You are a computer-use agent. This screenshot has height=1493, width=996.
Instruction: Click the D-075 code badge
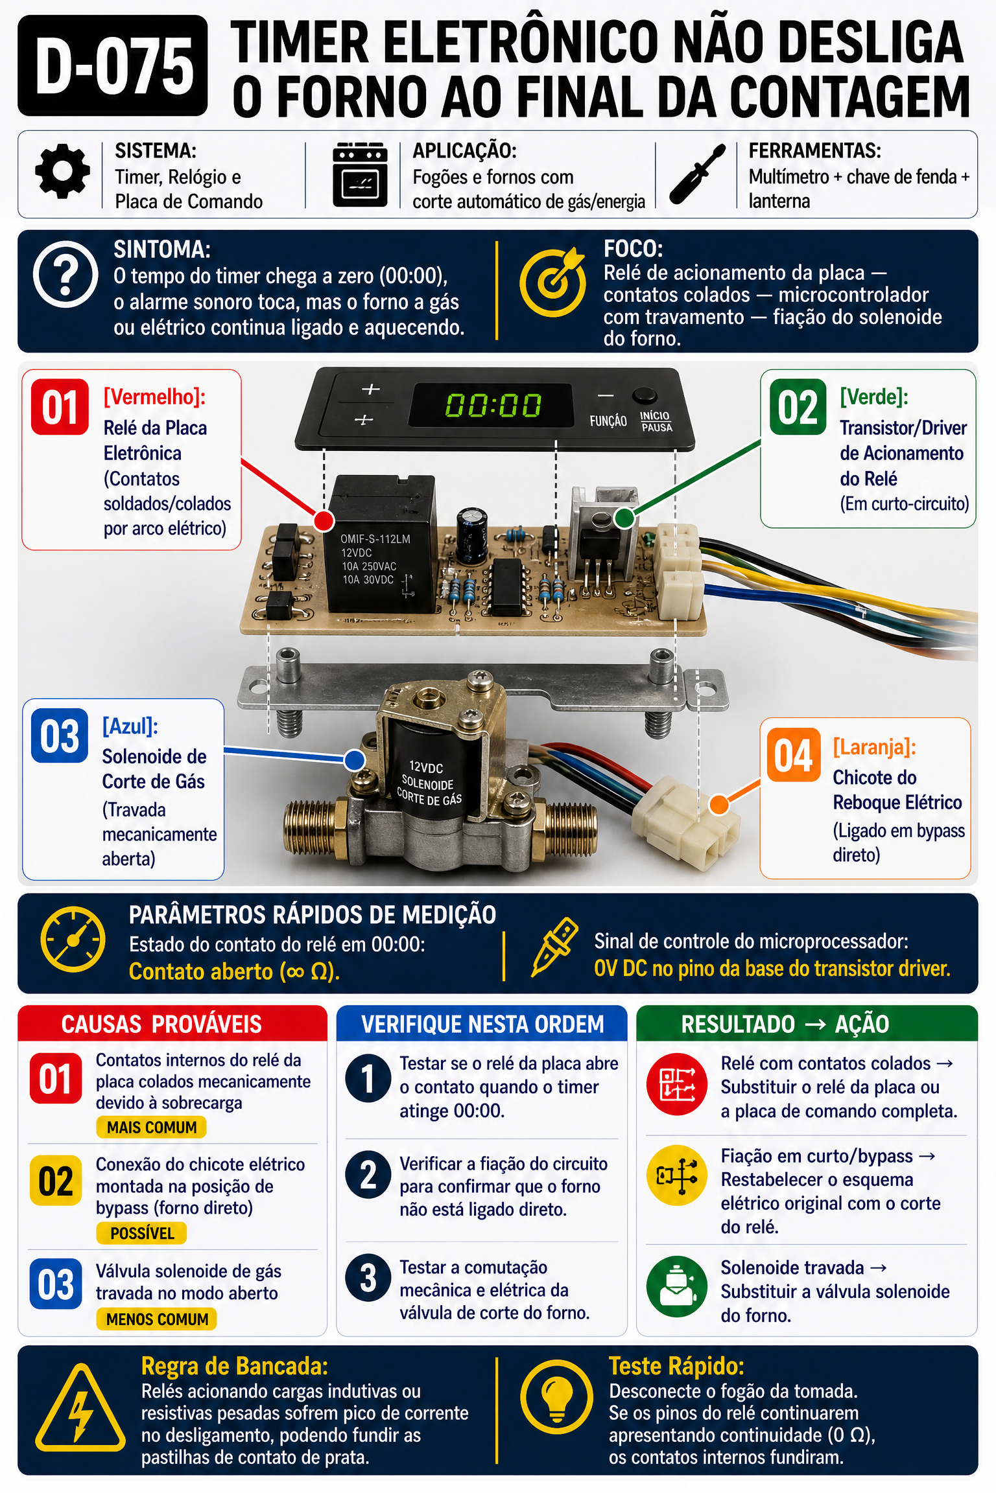(x=113, y=65)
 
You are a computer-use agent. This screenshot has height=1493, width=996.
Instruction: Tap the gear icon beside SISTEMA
(x=63, y=172)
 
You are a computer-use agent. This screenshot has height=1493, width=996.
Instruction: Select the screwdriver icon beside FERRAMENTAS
(x=697, y=174)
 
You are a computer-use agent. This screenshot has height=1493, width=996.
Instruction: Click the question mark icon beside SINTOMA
(x=65, y=274)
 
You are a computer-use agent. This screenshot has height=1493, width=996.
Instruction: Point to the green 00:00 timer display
(x=493, y=406)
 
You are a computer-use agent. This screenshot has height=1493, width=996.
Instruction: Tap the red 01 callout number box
(x=60, y=407)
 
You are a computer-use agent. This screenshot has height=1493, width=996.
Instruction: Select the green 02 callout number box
(x=798, y=407)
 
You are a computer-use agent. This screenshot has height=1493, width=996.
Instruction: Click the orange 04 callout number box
(x=793, y=755)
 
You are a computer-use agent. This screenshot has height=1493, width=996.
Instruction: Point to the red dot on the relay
(x=324, y=520)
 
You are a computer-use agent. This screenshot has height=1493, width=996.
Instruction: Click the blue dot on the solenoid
(x=354, y=760)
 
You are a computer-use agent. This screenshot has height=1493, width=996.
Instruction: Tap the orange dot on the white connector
(x=719, y=804)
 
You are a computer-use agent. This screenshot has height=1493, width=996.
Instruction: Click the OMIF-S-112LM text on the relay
(x=375, y=539)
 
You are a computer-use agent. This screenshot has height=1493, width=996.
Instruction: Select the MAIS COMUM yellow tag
(x=152, y=1128)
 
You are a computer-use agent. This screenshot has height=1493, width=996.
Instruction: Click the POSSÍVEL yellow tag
(x=142, y=1233)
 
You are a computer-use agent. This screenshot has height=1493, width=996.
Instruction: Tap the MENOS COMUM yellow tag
(x=157, y=1319)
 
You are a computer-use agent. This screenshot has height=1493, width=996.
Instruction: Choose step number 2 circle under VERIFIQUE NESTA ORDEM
(x=368, y=1175)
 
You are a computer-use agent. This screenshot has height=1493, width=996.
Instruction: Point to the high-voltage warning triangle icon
(x=80, y=1408)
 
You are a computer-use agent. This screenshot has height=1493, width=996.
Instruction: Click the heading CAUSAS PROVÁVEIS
(x=161, y=1024)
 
